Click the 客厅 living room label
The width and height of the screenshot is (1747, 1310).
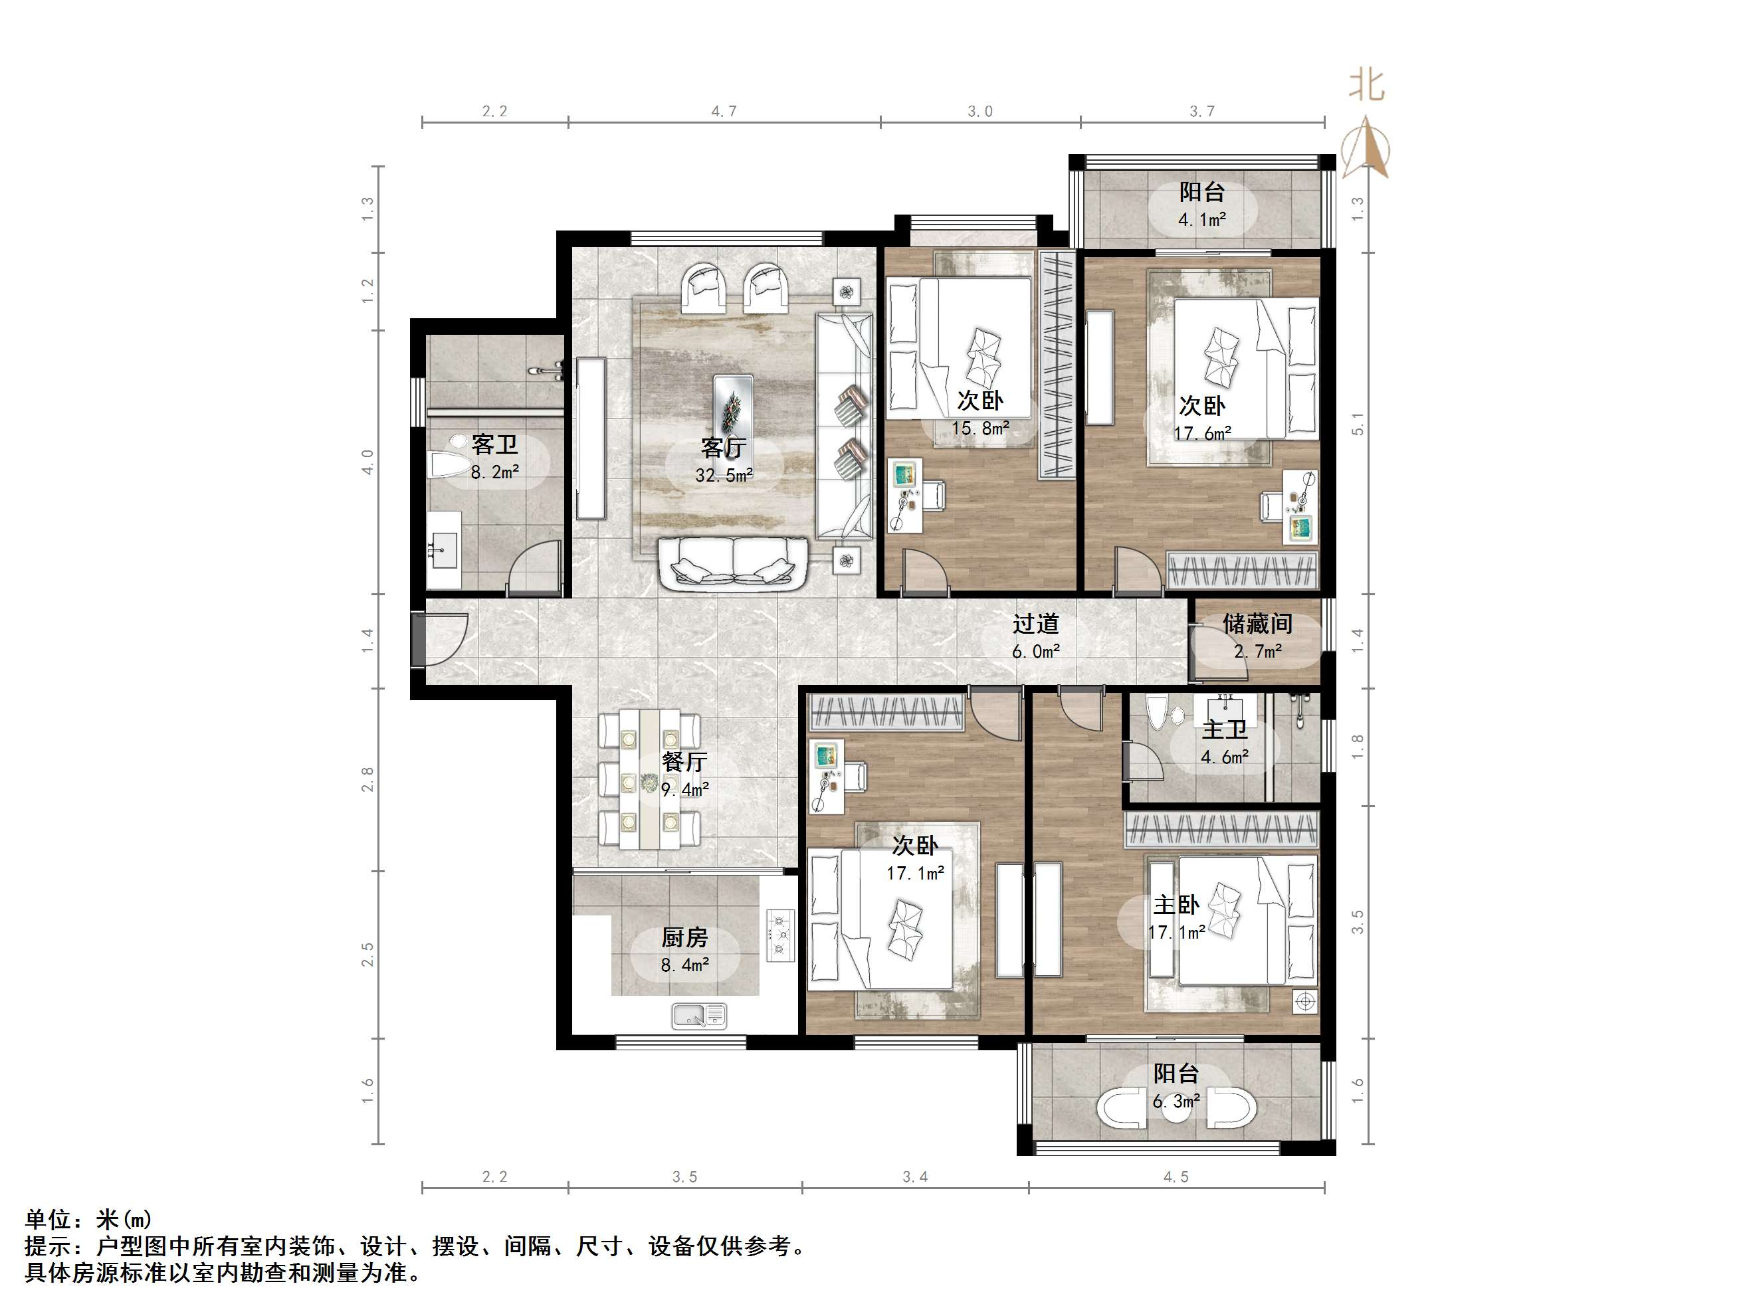pos(722,448)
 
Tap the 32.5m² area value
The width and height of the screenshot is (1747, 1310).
pos(724,476)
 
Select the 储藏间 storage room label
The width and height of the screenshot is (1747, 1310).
pos(1257,624)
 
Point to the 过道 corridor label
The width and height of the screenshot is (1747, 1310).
pos(1035,624)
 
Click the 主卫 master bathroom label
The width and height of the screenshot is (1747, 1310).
pos(1224,729)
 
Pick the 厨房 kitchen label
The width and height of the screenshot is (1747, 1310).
pos(684,937)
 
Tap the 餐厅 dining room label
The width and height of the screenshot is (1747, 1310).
pos(684,761)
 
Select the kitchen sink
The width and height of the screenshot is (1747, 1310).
pos(699,1016)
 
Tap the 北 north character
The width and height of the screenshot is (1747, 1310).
pos(1366,85)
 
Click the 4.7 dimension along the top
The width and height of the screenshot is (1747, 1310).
pos(724,112)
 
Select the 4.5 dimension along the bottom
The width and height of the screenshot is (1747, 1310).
pos(1176,1176)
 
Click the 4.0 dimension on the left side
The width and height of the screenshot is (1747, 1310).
pos(367,461)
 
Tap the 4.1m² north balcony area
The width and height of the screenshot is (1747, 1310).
pos(1202,219)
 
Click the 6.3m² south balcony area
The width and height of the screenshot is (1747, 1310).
pos(1176,1101)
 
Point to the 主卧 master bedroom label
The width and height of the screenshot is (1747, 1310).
pos(1176,905)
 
